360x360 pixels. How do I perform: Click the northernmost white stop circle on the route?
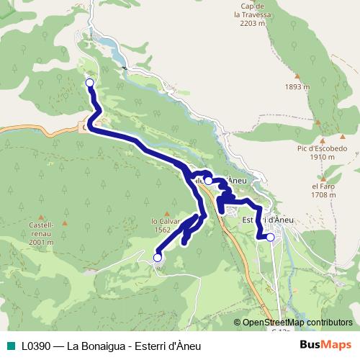90,83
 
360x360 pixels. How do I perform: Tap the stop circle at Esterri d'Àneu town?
271,236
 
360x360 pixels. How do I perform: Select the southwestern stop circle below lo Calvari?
158,257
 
